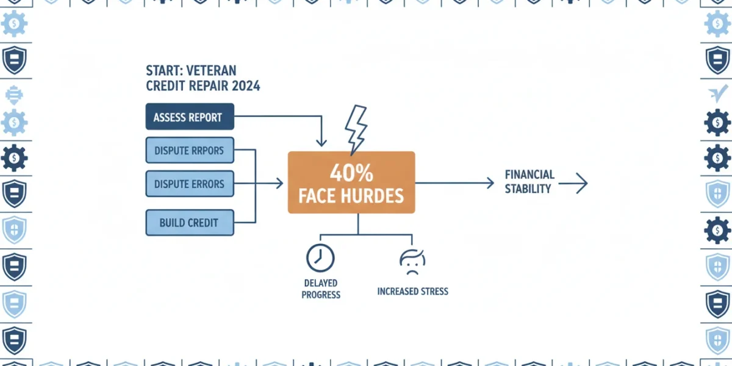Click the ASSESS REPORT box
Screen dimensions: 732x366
click(x=190, y=117)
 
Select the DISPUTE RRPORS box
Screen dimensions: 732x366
click(x=190, y=150)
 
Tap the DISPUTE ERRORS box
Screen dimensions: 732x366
click(x=190, y=184)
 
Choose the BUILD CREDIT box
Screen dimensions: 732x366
click(x=190, y=223)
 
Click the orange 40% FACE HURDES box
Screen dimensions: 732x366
click(x=351, y=182)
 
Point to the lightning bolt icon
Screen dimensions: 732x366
click(x=356, y=130)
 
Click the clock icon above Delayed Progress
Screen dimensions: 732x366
click(x=320, y=258)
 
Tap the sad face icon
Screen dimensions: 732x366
click(x=412, y=262)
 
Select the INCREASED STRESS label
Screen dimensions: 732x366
click(x=413, y=291)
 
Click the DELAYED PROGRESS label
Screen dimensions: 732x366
click(x=321, y=289)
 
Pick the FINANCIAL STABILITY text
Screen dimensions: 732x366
click(x=529, y=182)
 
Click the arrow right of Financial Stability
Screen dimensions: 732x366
click(x=573, y=184)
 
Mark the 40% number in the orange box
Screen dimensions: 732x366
click(x=351, y=173)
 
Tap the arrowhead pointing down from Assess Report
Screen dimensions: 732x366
click(x=321, y=143)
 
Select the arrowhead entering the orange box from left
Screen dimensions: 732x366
click(x=279, y=184)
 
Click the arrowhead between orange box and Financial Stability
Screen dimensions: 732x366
click(x=490, y=183)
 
